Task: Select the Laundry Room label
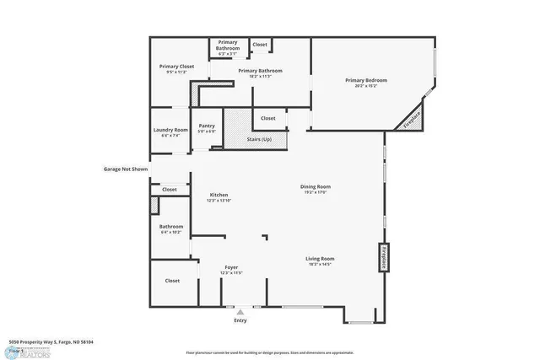pos(170,130)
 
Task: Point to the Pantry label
pos(207,126)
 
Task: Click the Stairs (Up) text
pos(259,138)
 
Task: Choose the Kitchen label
pos(219,195)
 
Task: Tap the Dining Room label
pos(316,186)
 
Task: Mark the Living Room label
pos(320,259)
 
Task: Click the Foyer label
pos(231,267)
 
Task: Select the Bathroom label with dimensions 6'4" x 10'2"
pos(171,226)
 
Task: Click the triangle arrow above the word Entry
pos(240,312)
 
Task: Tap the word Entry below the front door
pos(240,321)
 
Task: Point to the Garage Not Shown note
pos(126,169)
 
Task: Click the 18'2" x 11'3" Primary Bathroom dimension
pos(260,76)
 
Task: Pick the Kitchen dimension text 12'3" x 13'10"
pos(219,201)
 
